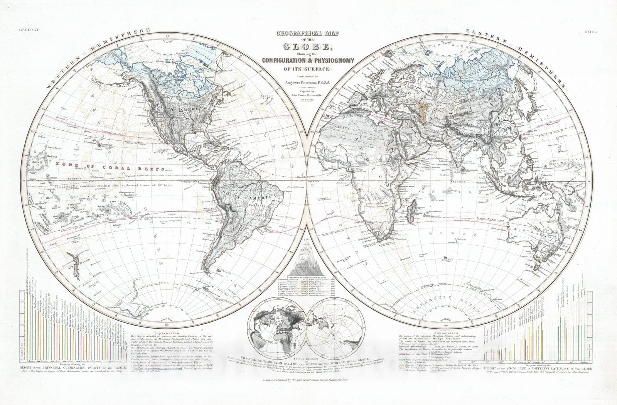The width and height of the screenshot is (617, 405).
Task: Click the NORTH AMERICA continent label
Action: click(184, 110)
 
